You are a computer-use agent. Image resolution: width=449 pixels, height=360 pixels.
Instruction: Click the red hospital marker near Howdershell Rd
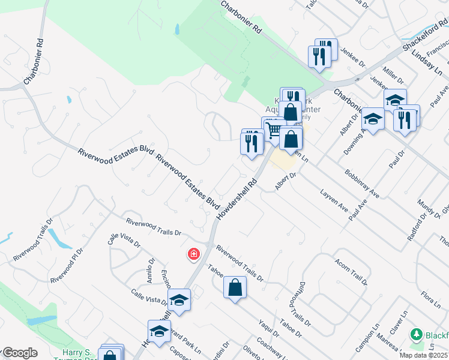[x=193, y=254]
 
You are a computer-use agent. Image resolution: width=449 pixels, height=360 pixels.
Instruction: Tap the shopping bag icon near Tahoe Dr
[x=235, y=287]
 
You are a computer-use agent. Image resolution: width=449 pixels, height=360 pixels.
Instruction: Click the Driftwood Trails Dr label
[x=302, y=305]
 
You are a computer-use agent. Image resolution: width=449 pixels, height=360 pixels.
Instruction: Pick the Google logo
[x=19, y=353]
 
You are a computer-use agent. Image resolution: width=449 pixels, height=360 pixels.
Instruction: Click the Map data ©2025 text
[x=424, y=355]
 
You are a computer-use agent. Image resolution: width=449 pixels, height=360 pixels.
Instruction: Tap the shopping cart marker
[x=274, y=131]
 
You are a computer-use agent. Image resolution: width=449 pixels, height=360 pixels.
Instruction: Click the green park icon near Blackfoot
[x=415, y=334]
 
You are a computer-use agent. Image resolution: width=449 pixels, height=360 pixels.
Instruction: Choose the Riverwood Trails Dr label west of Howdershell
[x=154, y=227]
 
